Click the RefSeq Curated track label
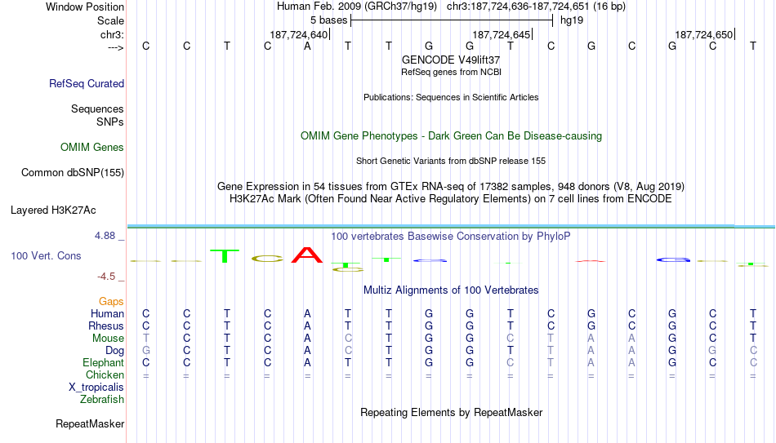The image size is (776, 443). click(87, 83)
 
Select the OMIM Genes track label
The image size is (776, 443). click(92, 148)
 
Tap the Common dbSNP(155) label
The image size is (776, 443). click(73, 173)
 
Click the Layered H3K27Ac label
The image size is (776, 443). click(53, 210)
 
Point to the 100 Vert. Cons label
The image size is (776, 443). click(46, 255)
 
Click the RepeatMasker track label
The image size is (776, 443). click(90, 423)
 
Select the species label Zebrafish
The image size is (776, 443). click(102, 399)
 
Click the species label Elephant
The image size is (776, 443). click(103, 362)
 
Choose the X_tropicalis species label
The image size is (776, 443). click(96, 388)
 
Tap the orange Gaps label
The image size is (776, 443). click(111, 301)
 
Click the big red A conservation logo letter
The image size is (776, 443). click(307, 255)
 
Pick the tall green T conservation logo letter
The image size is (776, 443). click(225, 256)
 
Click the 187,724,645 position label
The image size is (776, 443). click(501, 34)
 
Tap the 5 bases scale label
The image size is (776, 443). click(329, 20)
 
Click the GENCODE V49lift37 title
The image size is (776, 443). click(451, 60)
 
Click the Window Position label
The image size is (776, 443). click(85, 7)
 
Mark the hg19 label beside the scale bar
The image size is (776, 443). click(572, 20)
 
